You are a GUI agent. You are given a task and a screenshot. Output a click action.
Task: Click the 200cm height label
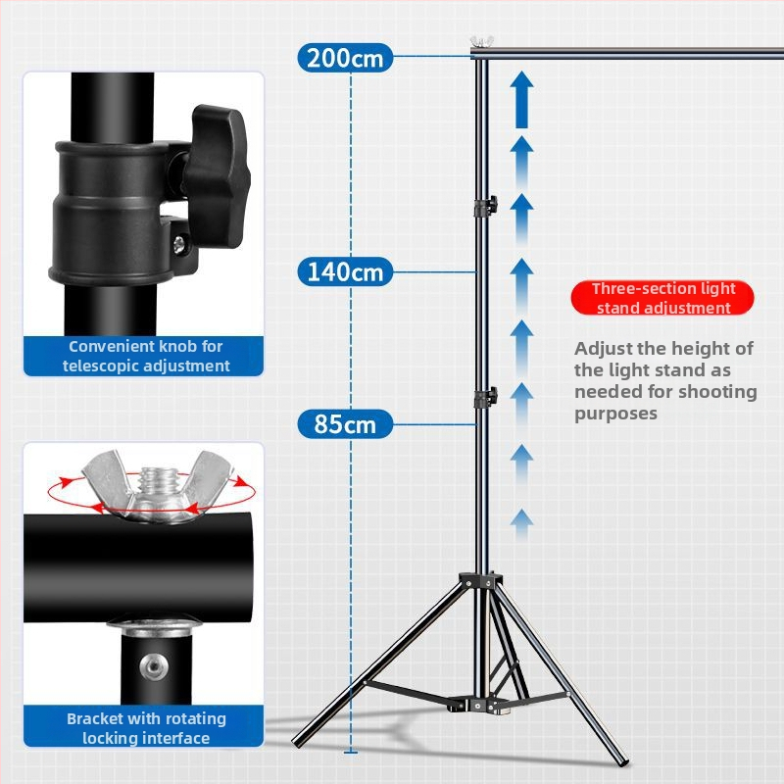tap(345, 58)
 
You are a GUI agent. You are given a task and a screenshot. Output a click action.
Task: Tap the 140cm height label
tap(345, 271)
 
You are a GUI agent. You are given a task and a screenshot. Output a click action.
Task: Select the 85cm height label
tap(345, 424)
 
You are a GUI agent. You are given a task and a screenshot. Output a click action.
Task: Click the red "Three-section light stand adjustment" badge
tap(662, 298)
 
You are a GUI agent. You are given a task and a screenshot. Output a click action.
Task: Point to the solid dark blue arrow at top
tap(521, 99)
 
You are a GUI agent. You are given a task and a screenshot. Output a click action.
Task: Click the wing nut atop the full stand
tap(481, 41)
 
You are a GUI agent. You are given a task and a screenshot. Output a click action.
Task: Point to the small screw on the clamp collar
tap(179, 244)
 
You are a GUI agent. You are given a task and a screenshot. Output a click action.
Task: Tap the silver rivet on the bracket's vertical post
tap(154, 667)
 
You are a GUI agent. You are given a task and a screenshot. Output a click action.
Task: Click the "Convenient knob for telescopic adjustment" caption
tap(146, 356)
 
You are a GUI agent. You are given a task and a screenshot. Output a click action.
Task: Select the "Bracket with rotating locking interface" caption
tap(146, 728)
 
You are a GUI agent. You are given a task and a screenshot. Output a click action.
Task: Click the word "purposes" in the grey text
tap(615, 414)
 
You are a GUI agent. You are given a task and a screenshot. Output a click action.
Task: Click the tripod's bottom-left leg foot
tap(299, 741)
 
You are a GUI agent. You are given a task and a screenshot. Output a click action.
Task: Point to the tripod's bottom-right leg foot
tap(623, 759)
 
